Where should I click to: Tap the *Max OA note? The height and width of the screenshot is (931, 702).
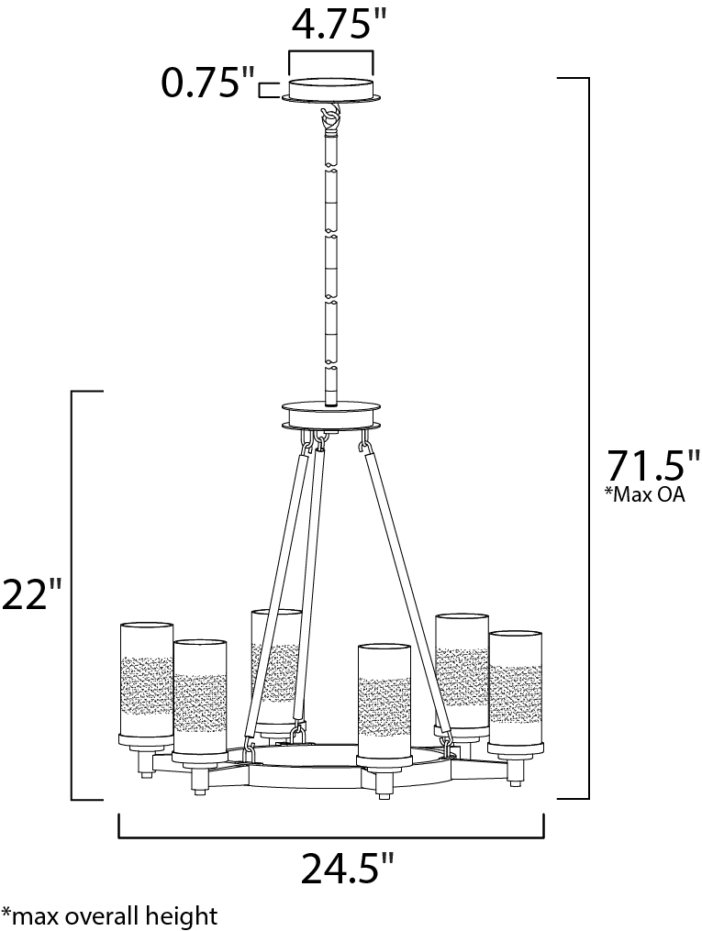tap(644, 494)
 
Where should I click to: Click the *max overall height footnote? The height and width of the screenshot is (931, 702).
tap(109, 915)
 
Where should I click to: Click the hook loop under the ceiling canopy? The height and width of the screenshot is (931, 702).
tap(331, 118)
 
